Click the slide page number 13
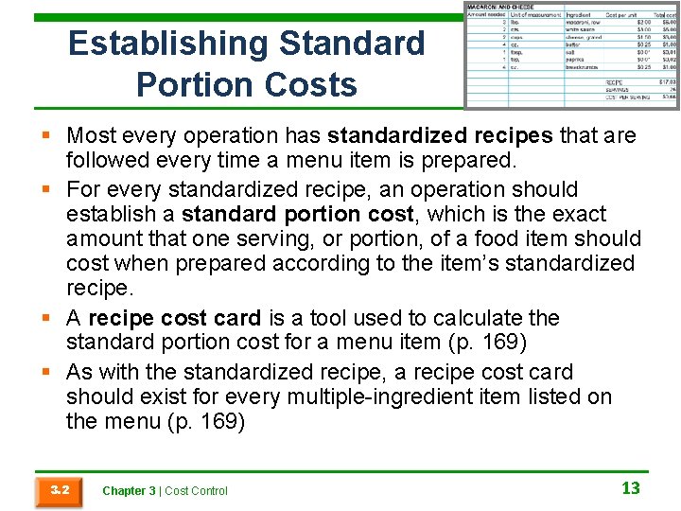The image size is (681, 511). (x=631, y=488)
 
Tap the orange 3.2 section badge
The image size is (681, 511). (x=59, y=490)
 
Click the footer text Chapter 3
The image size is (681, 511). (x=129, y=490)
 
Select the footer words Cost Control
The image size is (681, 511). (x=197, y=490)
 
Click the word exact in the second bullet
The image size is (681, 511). (x=568, y=214)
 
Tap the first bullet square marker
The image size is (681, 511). (x=46, y=136)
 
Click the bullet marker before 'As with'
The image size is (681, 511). (x=46, y=372)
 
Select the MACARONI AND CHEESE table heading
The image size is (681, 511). (x=498, y=8)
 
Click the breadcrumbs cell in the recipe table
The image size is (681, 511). (x=584, y=67)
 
